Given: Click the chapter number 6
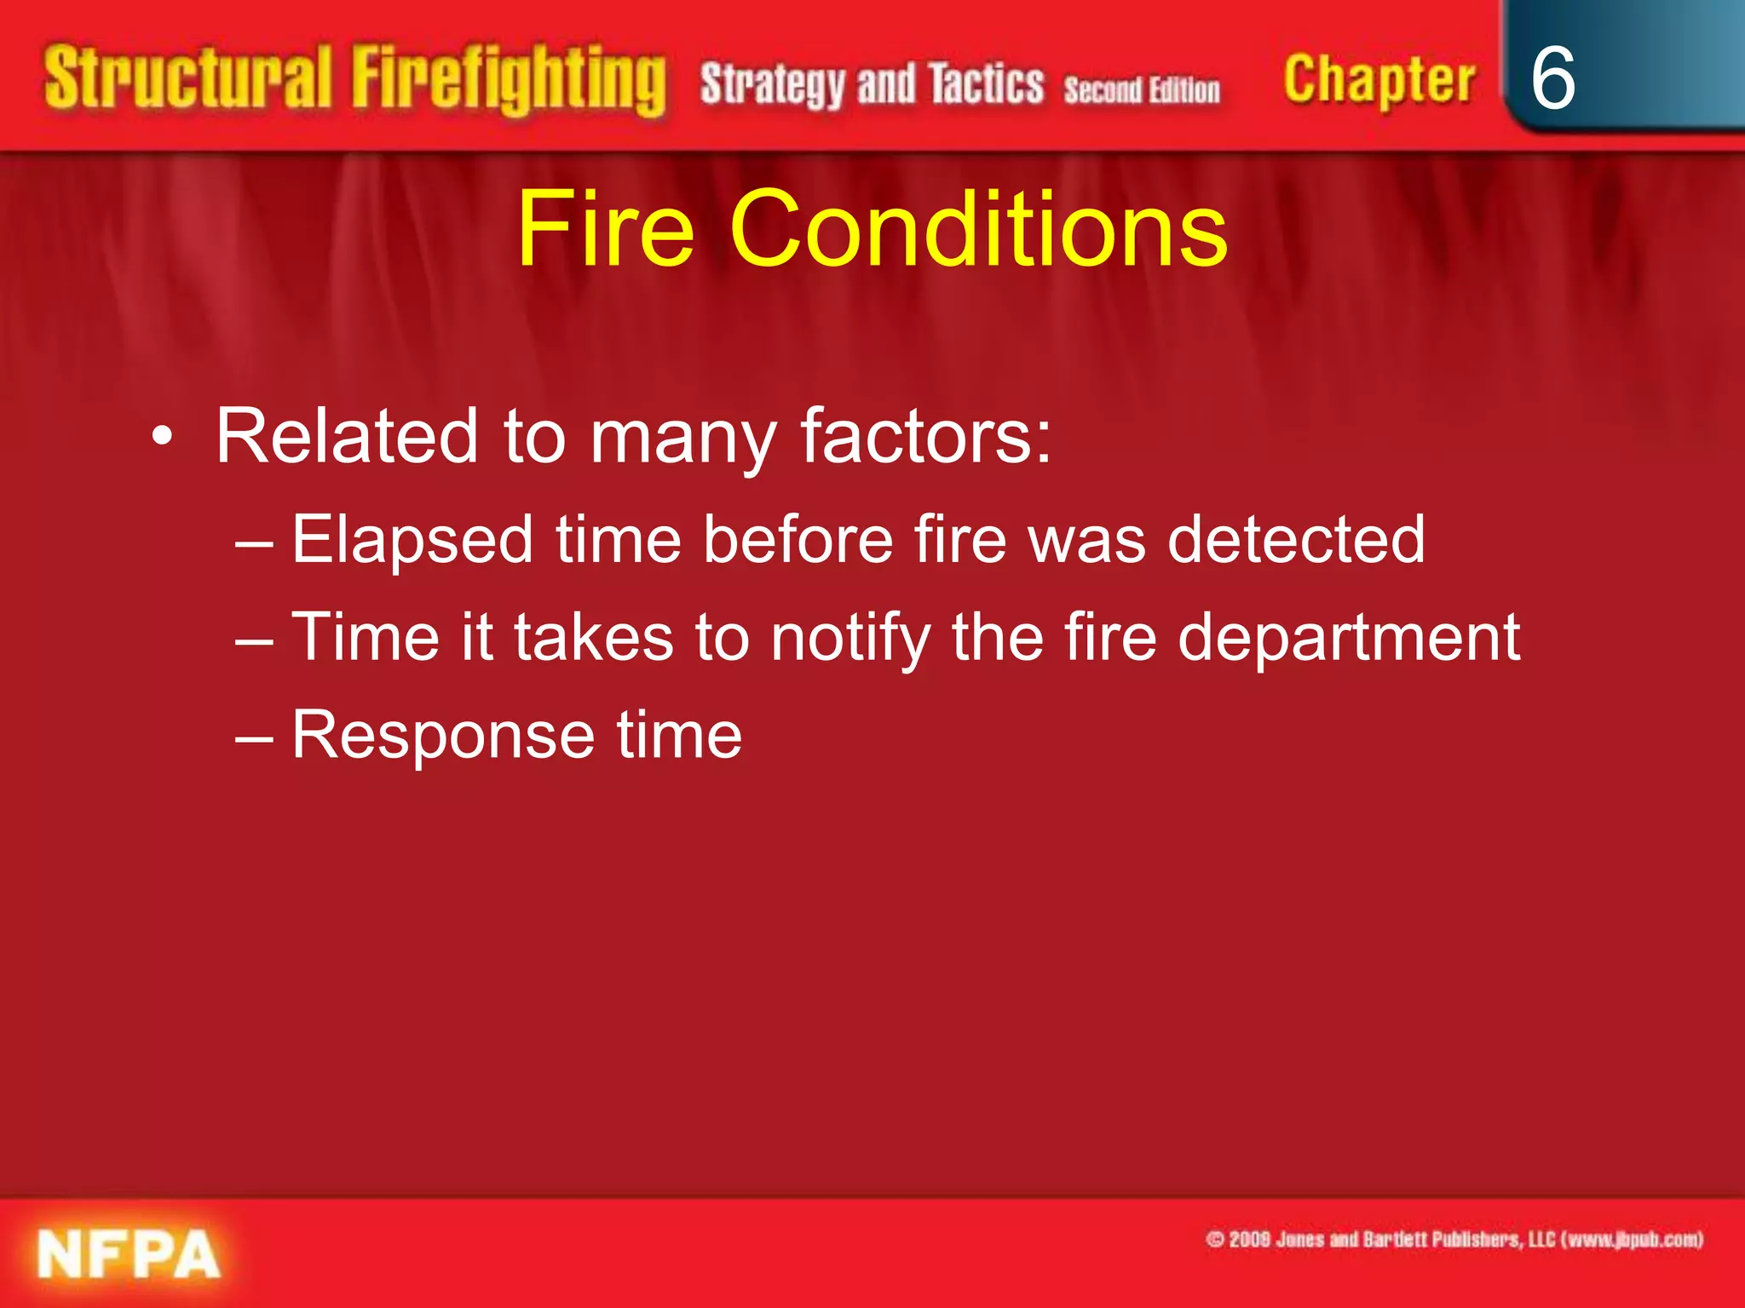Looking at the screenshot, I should point(1552,78).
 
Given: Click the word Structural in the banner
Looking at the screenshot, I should point(187,78).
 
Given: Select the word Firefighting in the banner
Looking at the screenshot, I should point(509,81).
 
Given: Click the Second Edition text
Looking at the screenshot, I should point(1141,89).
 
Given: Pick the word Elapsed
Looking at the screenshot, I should point(412,540).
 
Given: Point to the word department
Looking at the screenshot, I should point(1348,638).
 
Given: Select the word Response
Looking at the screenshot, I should point(443,736).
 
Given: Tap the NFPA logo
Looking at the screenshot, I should point(128,1254).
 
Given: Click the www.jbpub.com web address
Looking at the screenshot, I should point(1633,1240).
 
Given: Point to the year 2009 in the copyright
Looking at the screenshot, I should point(1248,1240).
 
